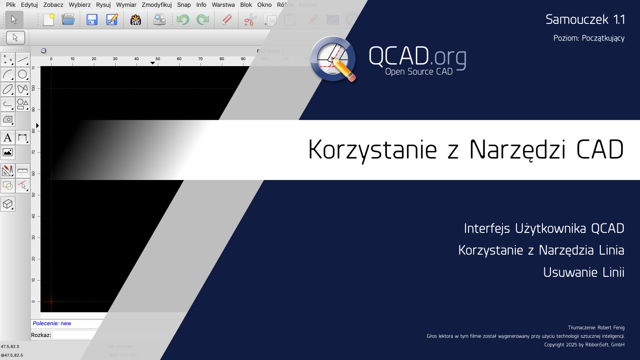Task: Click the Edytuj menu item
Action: (x=29, y=5)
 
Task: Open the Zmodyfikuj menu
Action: (x=157, y=5)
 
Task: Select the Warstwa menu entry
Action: (x=223, y=5)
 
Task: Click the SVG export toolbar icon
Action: (x=136, y=20)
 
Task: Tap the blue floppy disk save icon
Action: (x=92, y=20)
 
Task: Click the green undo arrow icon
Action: (x=183, y=20)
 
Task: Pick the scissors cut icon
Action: (x=250, y=20)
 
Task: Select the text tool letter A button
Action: (x=8, y=137)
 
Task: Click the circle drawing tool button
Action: (x=23, y=75)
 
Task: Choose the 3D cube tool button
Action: (x=8, y=204)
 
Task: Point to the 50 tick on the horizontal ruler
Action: (x=158, y=59)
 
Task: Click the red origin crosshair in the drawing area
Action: (x=51, y=302)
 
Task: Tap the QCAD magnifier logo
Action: (x=333, y=59)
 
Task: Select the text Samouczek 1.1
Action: (x=585, y=20)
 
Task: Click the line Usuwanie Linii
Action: (x=583, y=272)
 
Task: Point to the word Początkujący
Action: (x=603, y=38)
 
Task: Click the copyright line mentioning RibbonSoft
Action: (x=584, y=345)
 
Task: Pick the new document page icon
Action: (x=49, y=20)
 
